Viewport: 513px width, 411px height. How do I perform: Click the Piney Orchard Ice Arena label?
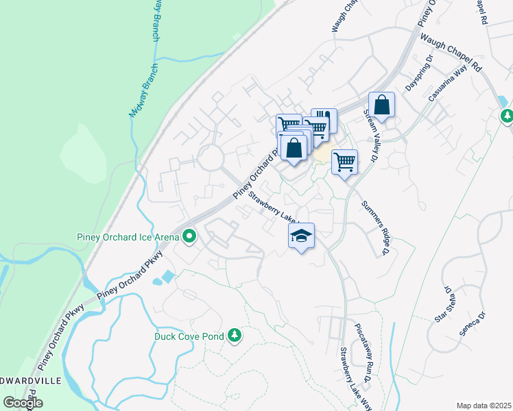(124, 238)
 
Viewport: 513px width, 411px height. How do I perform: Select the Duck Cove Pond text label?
(190, 336)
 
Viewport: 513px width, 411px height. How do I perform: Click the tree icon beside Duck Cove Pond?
(235, 335)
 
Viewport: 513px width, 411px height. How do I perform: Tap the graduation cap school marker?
(300, 236)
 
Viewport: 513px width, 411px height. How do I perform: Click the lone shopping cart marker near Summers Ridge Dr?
(344, 162)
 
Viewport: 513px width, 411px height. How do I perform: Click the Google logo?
(23, 403)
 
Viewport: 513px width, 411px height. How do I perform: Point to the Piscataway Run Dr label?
(363, 353)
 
